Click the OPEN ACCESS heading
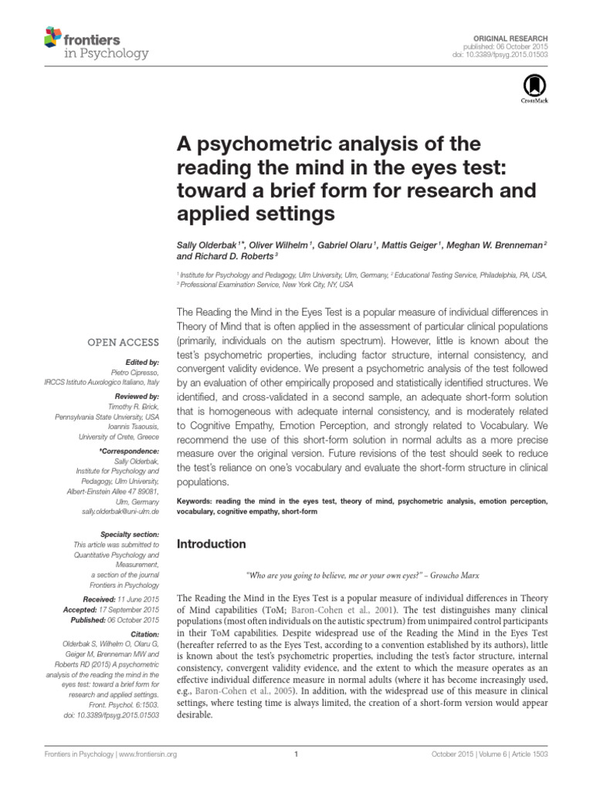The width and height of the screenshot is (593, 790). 124,342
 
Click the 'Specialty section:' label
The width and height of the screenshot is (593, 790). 130,534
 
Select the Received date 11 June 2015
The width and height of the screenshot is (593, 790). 136,599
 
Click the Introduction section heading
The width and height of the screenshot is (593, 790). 212,543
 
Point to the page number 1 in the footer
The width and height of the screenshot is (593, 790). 296,755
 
